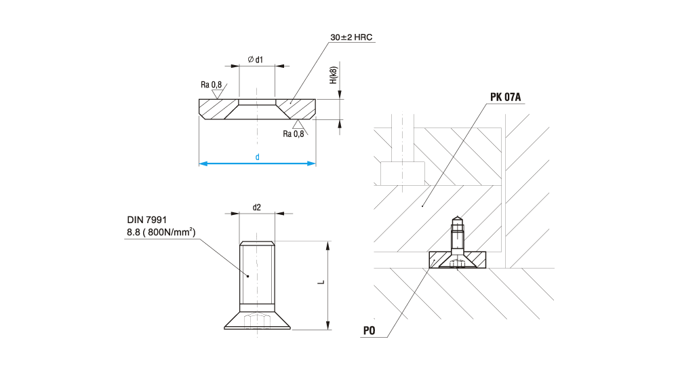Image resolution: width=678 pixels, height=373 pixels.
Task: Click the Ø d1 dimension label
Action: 256,60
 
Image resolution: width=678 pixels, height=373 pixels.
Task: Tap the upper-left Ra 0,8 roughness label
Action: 211,84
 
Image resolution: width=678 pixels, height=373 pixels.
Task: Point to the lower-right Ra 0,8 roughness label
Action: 294,134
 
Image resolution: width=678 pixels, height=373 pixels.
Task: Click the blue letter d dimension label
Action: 258,157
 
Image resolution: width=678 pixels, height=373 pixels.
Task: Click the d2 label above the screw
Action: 257,208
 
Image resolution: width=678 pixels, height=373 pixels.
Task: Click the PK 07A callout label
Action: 506,97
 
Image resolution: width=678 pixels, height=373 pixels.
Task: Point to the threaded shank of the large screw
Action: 258,275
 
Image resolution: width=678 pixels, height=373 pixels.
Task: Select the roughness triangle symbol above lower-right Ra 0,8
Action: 298,123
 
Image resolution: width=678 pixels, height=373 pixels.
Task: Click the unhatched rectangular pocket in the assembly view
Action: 403,173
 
